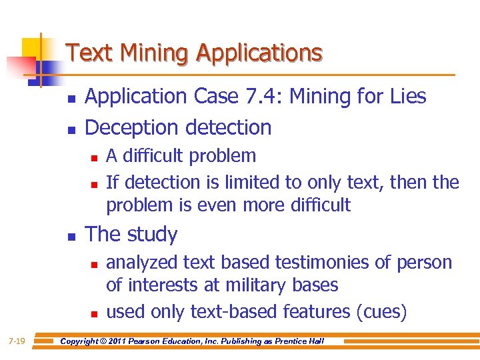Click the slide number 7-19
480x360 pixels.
pos(17,341)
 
